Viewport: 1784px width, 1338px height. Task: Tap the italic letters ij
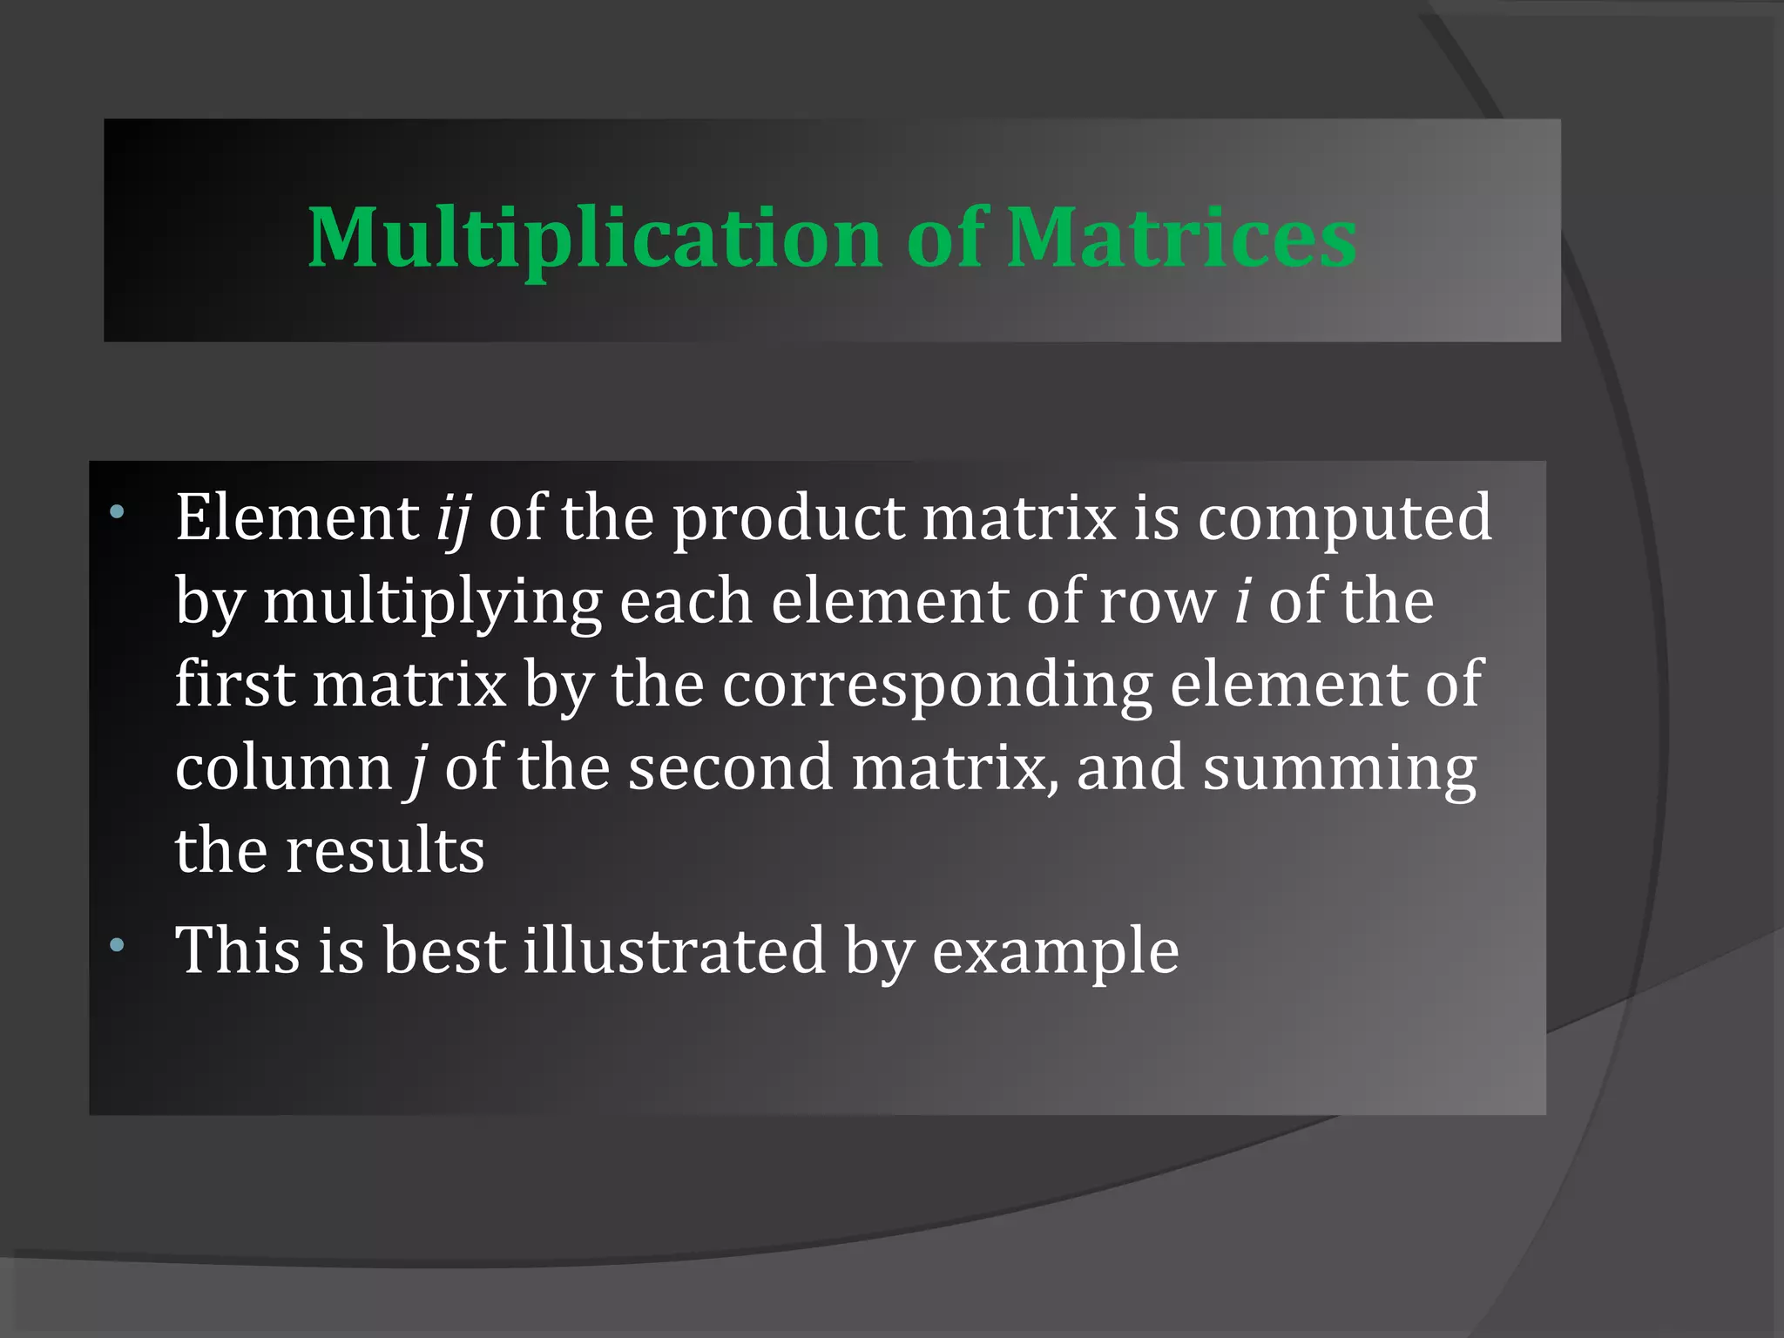(453, 519)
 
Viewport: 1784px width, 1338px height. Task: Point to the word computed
(1344, 519)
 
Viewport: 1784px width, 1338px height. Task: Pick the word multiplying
(432, 603)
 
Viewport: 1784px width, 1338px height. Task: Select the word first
(234, 683)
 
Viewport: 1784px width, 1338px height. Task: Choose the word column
(284, 768)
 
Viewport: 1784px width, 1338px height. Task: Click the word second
(730, 768)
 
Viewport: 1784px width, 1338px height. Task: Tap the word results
(385, 850)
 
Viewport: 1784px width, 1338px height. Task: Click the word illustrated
(673, 949)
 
